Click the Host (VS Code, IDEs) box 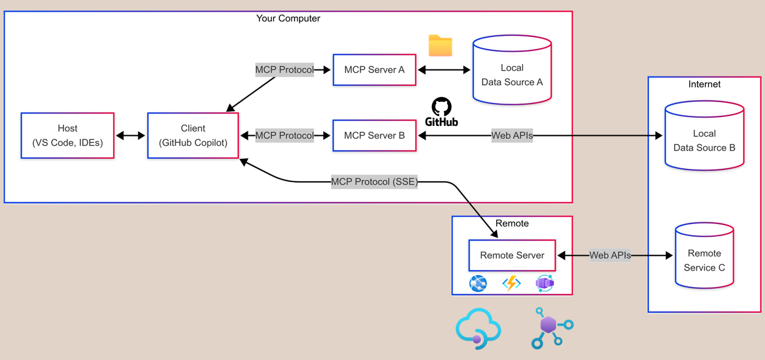[67, 135]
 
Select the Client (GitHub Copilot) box [192, 135]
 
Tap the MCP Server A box [374, 69]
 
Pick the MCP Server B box [374, 135]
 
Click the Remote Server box [512, 255]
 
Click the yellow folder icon [440, 46]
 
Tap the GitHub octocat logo [441, 107]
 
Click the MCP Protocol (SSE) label [374, 182]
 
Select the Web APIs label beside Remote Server [610, 255]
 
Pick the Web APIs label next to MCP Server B [512, 135]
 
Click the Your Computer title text [288, 18]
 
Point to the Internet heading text [704, 84]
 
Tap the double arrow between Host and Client [131, 135]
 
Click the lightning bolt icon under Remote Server [511, 283]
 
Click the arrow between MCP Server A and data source [444, 69]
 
